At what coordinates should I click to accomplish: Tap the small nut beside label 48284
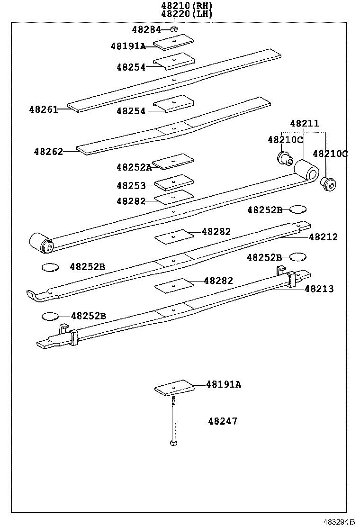pyautogui.click(x=174, y=29)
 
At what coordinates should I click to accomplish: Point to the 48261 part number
pyautogui.click(x=43, y=109)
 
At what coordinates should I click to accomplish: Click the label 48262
pyautogui.click(x=48, y=152)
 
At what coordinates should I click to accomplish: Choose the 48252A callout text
pyautogui.click(x=134, y=167)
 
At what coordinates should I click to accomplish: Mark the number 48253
pyautogui.click(x=131, y=185)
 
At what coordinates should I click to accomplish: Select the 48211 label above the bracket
pyautogui.click(x=304, y=124)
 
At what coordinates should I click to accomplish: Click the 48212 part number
pyautogui.click(x=324, y=237)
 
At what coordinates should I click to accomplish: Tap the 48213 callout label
pyautogui.click(x=319, y=289)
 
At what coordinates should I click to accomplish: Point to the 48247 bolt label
pyautogui.click(x=223, y=421)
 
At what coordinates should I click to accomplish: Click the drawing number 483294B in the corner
pyautogui.click(x=339, y=522)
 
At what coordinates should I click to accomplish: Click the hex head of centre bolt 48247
pyautogui.click(x=173, y=443)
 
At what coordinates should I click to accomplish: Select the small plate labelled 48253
pyautogui.click(x=173, y=182)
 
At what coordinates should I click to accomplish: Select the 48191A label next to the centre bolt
pyautogui.click(x=223, y=384)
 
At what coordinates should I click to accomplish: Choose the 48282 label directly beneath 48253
pyautogui.click(x=131, y=201)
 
